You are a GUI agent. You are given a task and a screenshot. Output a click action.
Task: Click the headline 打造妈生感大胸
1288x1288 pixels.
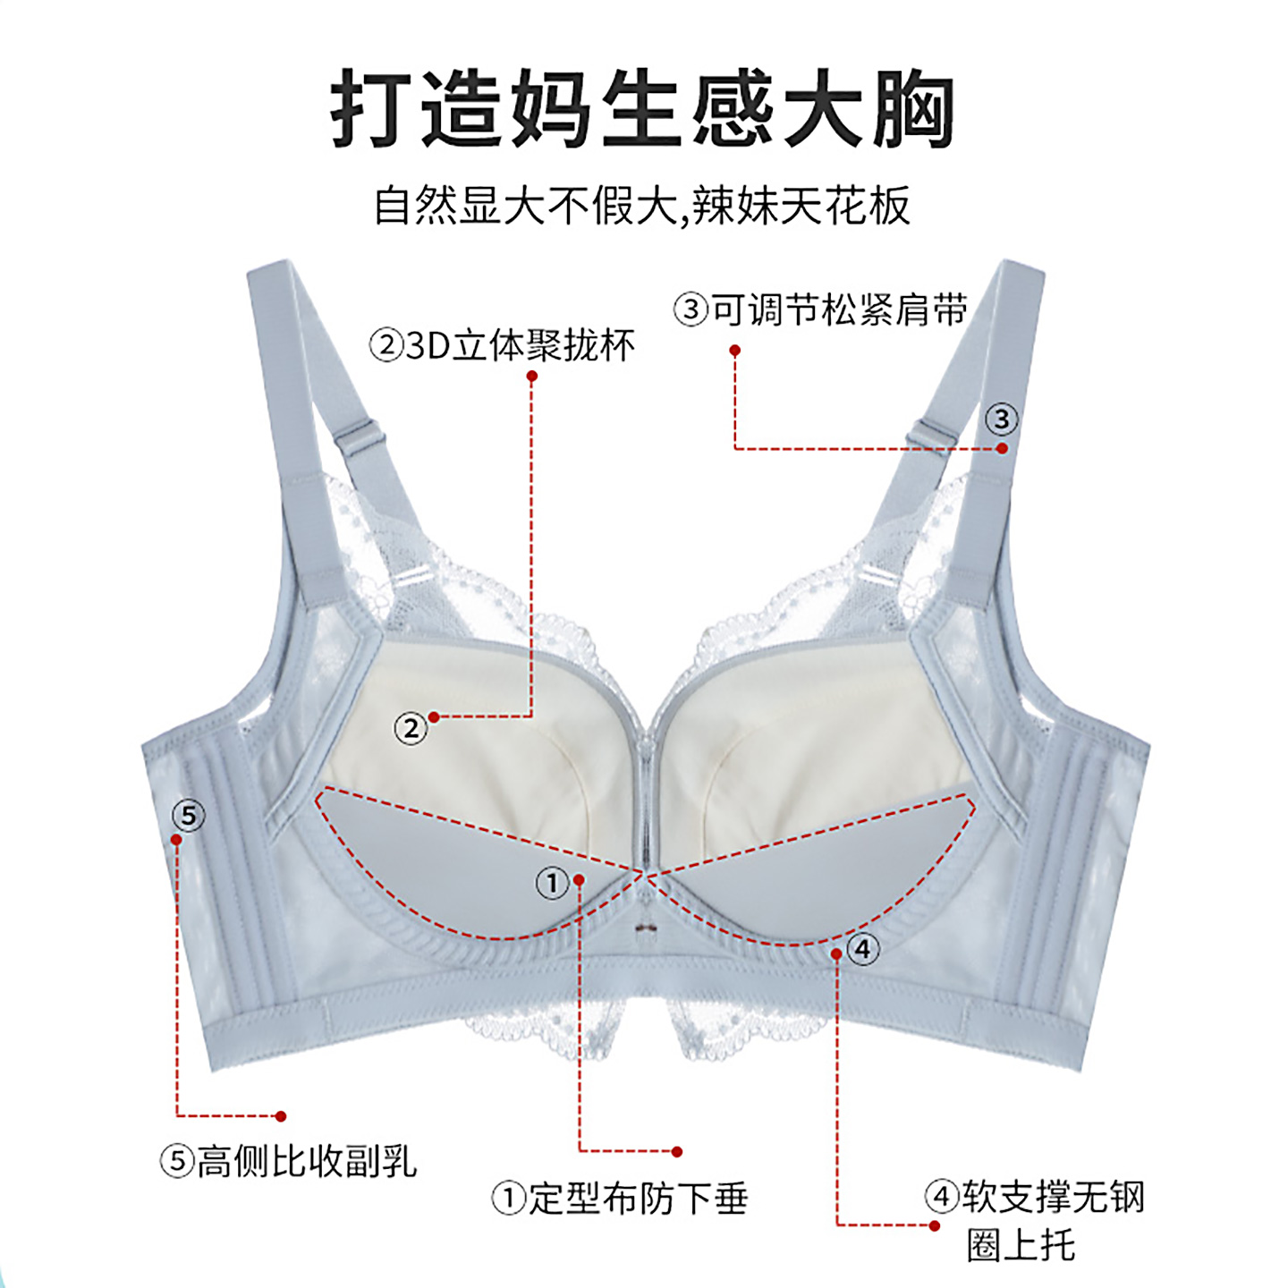tap(642, 109)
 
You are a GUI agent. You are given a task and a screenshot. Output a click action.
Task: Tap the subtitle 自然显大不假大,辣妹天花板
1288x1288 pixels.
tap(642, 206)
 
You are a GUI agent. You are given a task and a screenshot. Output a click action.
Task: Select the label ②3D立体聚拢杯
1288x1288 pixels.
tap(503, 345)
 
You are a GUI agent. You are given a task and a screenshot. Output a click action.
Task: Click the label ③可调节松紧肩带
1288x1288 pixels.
tap(821, 310)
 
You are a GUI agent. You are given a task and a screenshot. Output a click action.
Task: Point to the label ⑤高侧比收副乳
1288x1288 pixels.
tap(289, 1162)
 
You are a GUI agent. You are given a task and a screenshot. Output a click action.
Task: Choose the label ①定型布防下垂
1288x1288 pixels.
tap(620, 1199)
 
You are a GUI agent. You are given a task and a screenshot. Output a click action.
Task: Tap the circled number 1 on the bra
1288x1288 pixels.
tap(552, 884)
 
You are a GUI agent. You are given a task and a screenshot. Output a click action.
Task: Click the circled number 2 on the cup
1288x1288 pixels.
tap(411, 729)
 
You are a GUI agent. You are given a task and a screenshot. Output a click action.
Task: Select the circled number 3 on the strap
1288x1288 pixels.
tap(1002, 419)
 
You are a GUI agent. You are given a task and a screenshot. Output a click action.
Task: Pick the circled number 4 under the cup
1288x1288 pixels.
tap(862, 949)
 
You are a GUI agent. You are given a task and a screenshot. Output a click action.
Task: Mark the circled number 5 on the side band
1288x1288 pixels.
tap(188, 816)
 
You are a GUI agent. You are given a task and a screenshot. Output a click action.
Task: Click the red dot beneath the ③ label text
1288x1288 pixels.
tap(734, 351)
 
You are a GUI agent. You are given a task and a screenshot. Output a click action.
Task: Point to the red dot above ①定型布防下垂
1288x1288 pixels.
tap(677, 1152)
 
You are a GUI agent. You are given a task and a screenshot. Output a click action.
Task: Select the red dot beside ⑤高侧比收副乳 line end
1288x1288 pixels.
tap(281, 1116)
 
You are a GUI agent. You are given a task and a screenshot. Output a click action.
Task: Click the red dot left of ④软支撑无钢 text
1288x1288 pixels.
tap(935, 1225)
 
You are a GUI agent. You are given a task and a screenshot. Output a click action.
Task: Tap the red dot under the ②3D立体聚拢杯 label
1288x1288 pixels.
tap(532, 377)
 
